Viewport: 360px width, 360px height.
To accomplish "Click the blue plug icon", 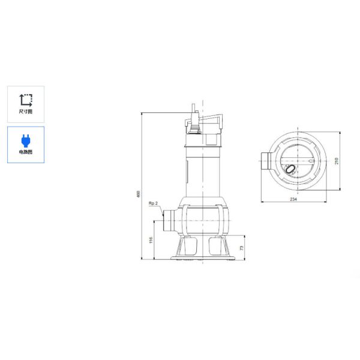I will click(26, 140).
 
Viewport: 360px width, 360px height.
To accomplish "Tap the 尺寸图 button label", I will click(26, 112).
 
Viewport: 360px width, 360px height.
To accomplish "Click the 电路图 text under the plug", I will click(26, 152).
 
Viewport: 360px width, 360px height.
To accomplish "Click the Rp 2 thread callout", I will click(153, 204).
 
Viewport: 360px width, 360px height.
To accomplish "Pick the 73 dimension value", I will click(241, 248).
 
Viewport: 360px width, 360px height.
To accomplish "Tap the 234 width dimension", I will click(293, 199).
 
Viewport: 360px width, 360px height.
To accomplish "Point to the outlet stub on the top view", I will click(265, 161).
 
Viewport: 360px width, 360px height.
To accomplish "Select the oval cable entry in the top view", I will click(290, 170).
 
